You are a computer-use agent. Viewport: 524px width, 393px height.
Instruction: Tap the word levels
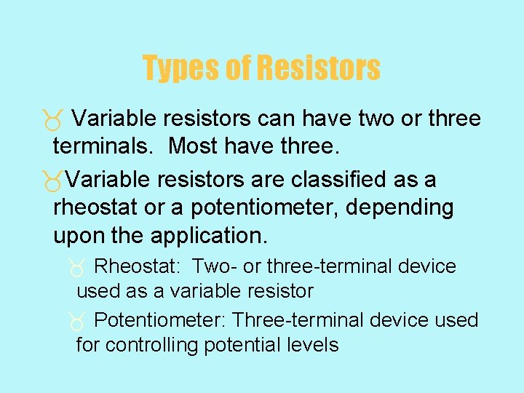pyautogui.click(x=315, y=344)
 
